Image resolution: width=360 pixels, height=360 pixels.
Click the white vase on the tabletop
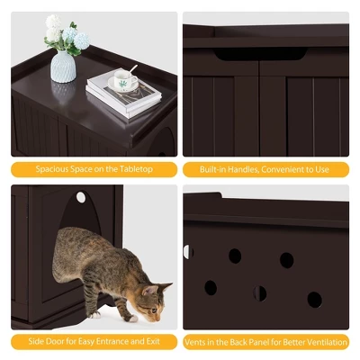tap(63, 65)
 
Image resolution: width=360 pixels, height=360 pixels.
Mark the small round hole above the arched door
tap(81, 197)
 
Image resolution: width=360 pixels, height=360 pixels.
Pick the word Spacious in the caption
tap(52, 169)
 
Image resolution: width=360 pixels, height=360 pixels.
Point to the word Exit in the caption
tap(151, 342)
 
